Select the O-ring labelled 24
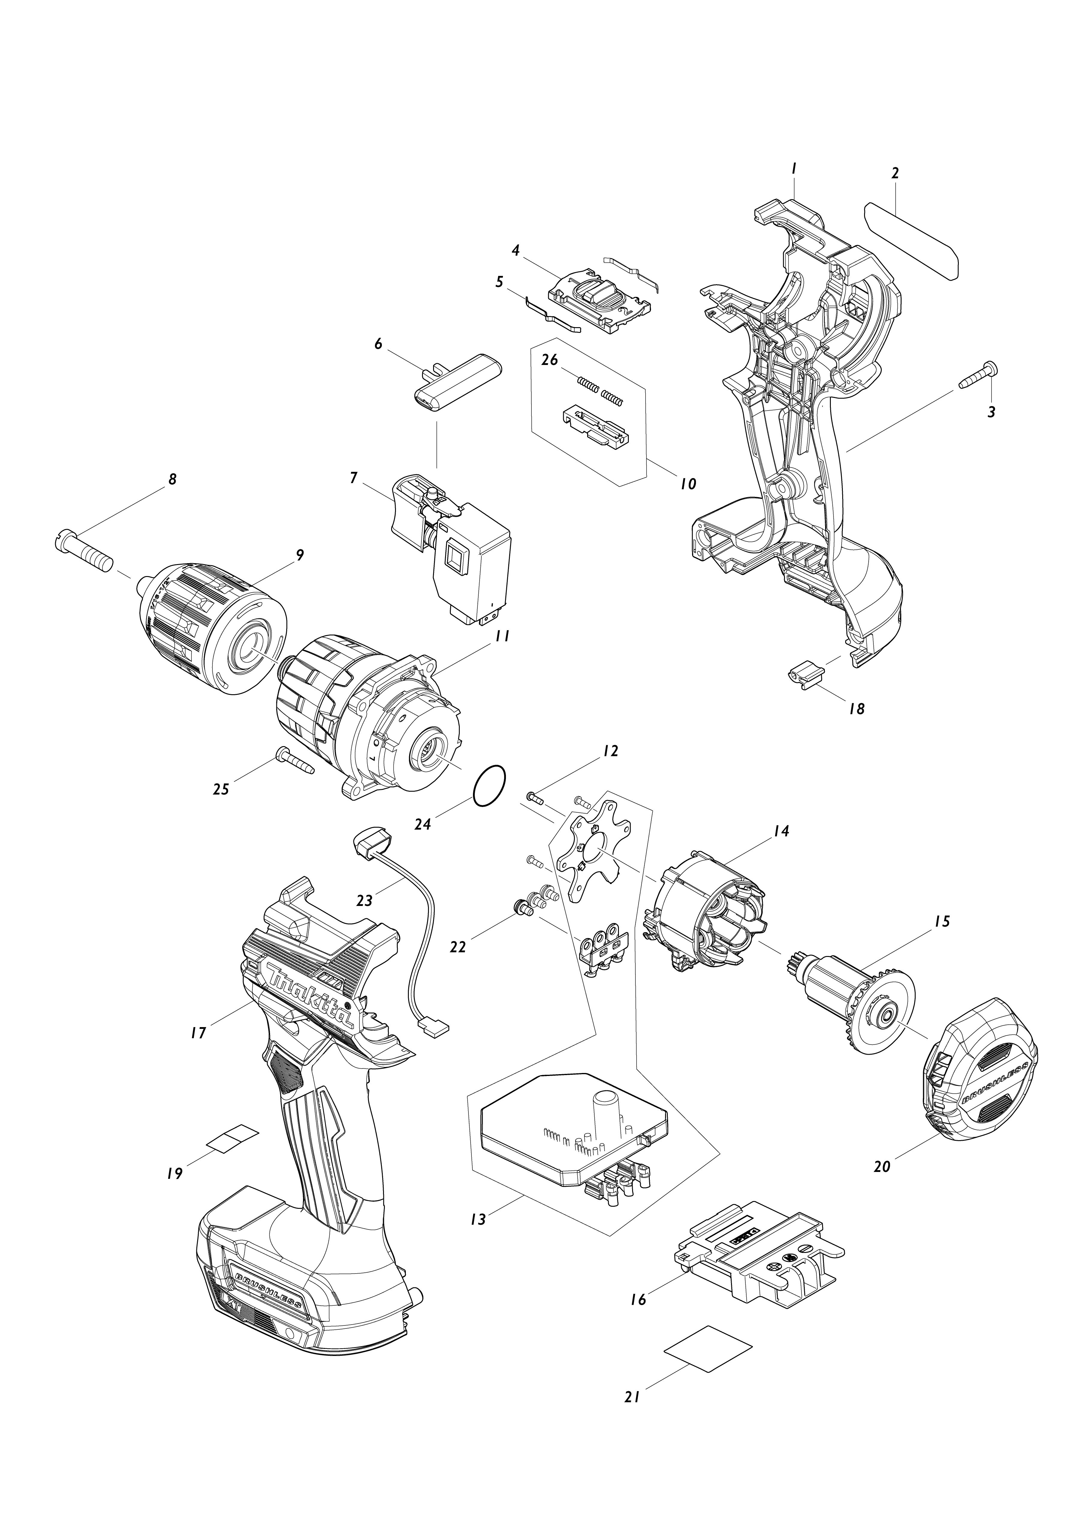(489, 786)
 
